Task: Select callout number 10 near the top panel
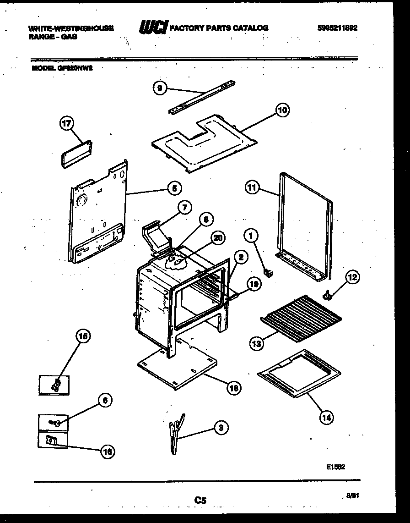(282, 110)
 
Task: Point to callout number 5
(173, 187)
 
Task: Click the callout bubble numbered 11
(253, 187)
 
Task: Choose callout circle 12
(352, 277)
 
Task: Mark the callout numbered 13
(258, 342)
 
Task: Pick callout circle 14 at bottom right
(326, 417)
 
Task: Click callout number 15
(82, 337)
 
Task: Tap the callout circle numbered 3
(221, 428)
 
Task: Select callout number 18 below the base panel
(233, 388)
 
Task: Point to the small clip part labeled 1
(269, 273)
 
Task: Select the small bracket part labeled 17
(77, 154)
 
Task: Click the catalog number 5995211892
(337, 28)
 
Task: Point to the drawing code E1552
(335, 467)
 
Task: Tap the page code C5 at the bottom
(200, 501)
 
